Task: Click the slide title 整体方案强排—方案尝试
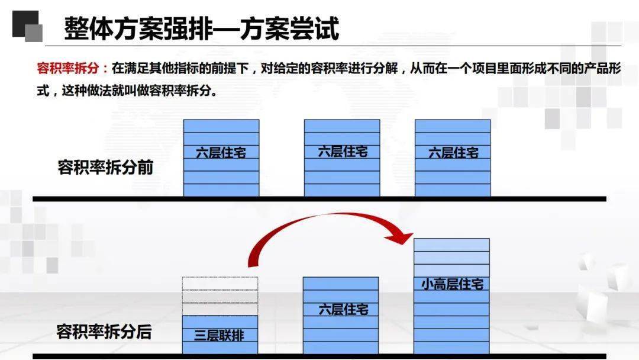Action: click(x=201, y=28)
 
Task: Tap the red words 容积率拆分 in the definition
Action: click(x=67, y=67)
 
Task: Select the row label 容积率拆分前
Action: click(x=105, y=167)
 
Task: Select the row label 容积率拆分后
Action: click(x=104, y=332)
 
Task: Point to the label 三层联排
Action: click(x=220, y=335)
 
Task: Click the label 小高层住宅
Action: click(x=453, y=284)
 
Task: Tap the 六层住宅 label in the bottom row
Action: click(x=343, y=309)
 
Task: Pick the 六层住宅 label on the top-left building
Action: click(x=221, y=153)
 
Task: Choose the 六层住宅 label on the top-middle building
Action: click(x=343, y=152)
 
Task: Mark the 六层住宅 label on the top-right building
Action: click(x=453, y=153)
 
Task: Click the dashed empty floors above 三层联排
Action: click(x=220, y=296)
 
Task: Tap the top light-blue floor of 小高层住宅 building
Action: click(x=451, y=245)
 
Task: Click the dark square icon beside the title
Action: click(x=27, y=26)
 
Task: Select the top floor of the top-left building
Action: click(x=221, y=126)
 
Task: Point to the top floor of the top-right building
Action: click(x=453, y=126)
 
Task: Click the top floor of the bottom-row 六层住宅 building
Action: click(x=341, y=284)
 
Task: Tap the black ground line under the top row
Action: click(x=319, y=199)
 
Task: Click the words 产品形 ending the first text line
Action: click(x=602, y=67)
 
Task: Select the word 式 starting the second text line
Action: click(x=43, y=90)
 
